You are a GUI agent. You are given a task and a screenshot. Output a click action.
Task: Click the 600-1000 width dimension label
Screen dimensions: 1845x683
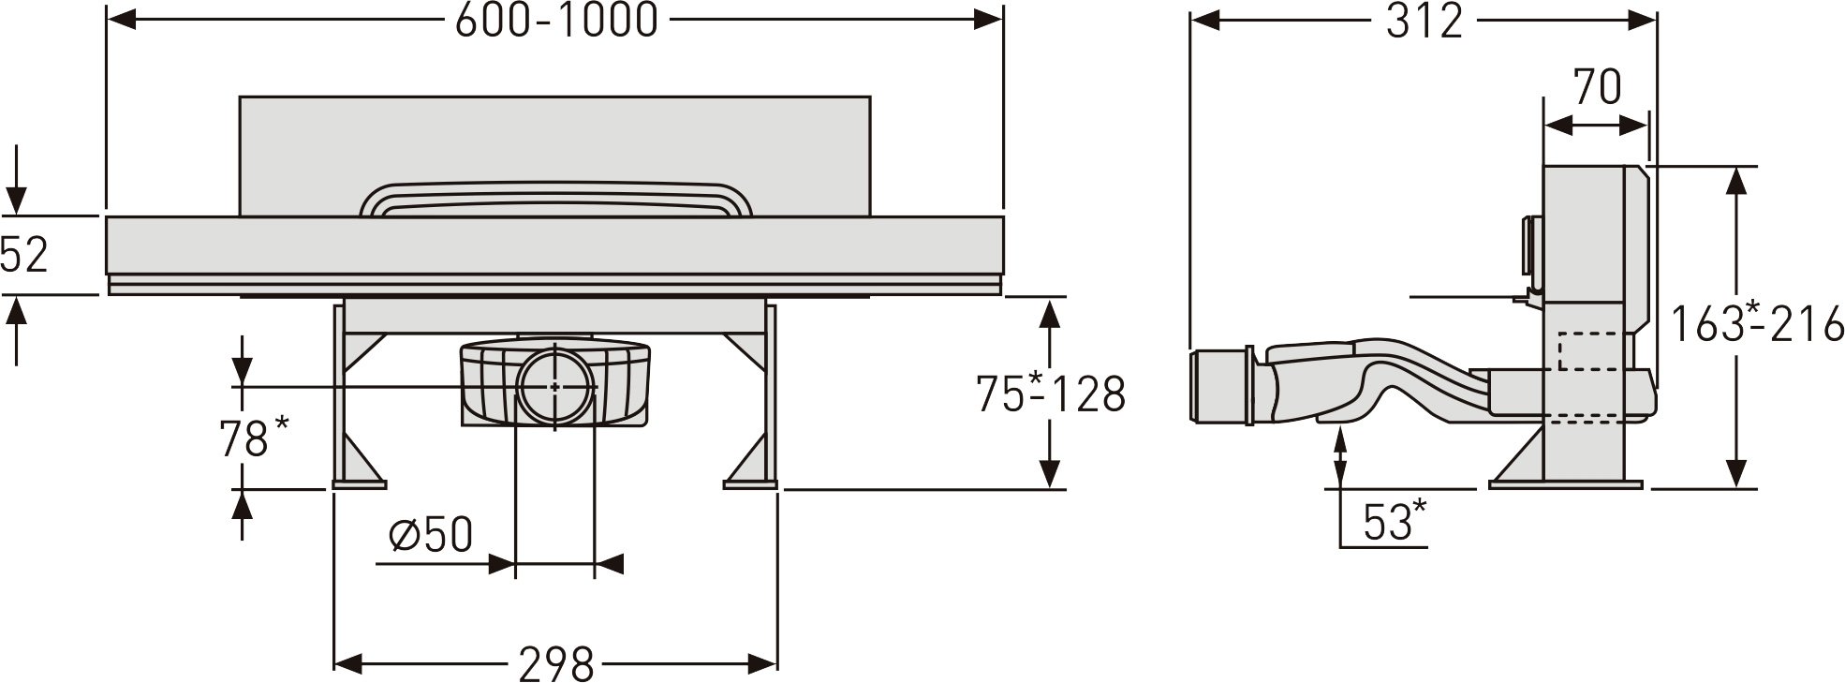pyautogui.click(x=556, y=20)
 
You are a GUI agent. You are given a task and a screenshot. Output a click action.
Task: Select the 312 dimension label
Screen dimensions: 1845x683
pyautogui.click(x=1424, y=21)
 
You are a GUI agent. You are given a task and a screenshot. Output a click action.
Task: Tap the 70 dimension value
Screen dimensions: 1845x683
pyautogui.click(x=1597, y=87)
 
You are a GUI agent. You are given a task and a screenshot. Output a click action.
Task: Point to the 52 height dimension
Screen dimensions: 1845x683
pyautogui.click(x=23, y=255)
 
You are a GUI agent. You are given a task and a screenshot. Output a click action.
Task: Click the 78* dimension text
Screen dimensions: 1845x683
pyautogui.click(x=254, y=438)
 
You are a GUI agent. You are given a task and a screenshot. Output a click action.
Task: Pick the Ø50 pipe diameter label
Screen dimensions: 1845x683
pyautogui.click(x=430, y=536)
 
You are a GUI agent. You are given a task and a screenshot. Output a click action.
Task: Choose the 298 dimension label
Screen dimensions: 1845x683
pyautogui.click(x=556, y=664)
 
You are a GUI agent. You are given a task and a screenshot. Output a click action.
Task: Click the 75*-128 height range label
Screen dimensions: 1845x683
pyautogui.click(x=1050, y=393)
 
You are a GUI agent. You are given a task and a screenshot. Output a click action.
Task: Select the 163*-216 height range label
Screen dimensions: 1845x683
pyautogui.click(x=1758, y=324)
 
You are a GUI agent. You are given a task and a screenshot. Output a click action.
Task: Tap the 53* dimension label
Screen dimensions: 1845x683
pyautogui.click(x=1395, y=521)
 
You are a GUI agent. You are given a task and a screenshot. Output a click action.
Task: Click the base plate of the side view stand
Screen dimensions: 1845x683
pyautogui.click(x=1565, y=484)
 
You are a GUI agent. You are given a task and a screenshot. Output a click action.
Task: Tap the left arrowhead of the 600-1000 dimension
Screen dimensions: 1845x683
pyautogui.click(x=121, y=19)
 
